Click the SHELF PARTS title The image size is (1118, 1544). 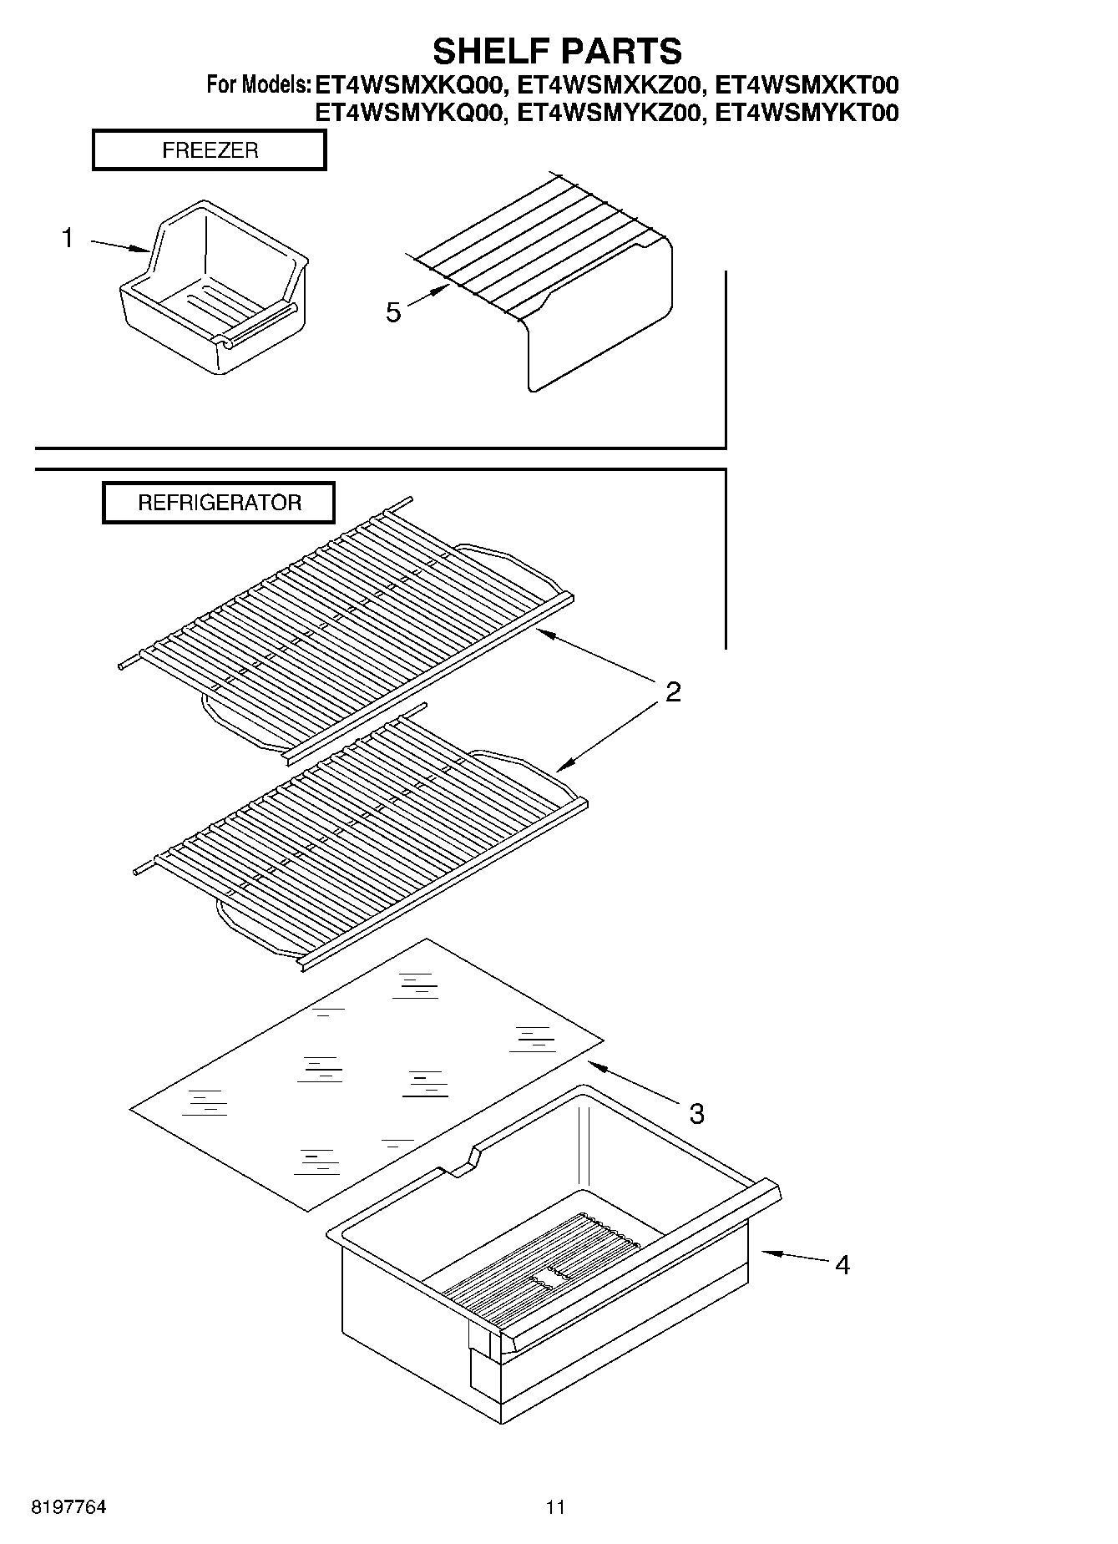(557, 51)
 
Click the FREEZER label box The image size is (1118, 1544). (210, 151)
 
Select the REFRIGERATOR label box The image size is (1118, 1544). (219, 503)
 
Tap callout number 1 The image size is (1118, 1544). (68, 239)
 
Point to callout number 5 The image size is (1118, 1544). (393, 312)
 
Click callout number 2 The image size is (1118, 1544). (673, 691)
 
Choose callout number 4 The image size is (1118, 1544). (842, 1265)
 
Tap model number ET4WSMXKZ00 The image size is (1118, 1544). (609, 85)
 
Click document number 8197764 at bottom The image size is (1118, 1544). (68, 1507)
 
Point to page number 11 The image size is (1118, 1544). (555, 1507)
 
